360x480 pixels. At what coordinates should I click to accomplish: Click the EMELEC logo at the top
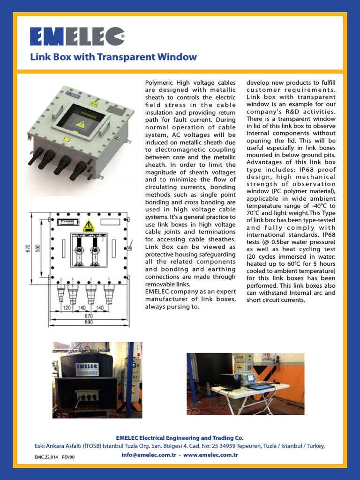[77, 37]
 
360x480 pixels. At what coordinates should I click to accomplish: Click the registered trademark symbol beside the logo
[123, 36]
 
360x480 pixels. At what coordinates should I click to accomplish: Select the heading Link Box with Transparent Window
[113, 57]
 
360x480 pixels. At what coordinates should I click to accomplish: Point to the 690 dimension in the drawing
[89, 322]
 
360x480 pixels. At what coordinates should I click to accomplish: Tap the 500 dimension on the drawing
[37, 248]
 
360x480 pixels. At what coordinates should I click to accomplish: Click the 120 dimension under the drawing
[67, 307]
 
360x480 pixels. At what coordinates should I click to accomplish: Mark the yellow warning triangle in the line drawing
[89, 225]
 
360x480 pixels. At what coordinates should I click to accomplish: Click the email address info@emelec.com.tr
[149, 455]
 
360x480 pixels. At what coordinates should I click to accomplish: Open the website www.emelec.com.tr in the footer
[210, 455]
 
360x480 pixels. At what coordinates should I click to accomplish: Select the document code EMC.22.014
[46, 457]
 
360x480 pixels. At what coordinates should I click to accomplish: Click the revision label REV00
[68, 457]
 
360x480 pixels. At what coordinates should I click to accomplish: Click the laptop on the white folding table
[260, 386]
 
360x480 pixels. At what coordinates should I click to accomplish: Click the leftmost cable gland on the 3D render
[37, 156]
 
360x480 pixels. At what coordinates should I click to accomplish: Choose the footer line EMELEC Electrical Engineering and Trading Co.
[180, 438]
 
